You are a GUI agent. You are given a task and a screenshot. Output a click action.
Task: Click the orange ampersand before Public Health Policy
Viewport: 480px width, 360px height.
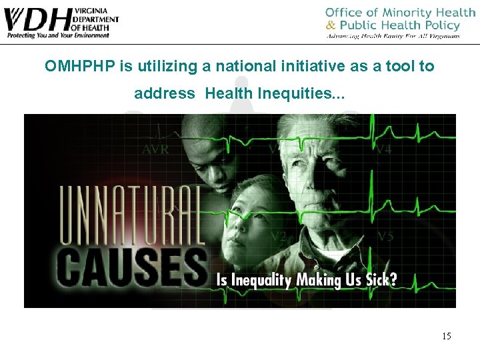coord(331,25)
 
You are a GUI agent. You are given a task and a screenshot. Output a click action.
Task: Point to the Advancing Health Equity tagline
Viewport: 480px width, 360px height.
coord(393,36)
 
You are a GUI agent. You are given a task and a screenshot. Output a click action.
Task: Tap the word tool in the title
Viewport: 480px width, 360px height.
coord(396,67)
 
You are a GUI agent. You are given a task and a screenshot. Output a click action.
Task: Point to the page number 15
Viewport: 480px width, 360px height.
coord(446,336)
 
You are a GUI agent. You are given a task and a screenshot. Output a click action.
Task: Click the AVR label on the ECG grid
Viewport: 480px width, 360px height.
coord(155,150)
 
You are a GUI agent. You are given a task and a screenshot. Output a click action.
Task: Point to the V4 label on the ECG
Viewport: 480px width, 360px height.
coord(383,150)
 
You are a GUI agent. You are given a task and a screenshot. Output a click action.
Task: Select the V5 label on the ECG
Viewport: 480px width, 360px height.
coord(385,236)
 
